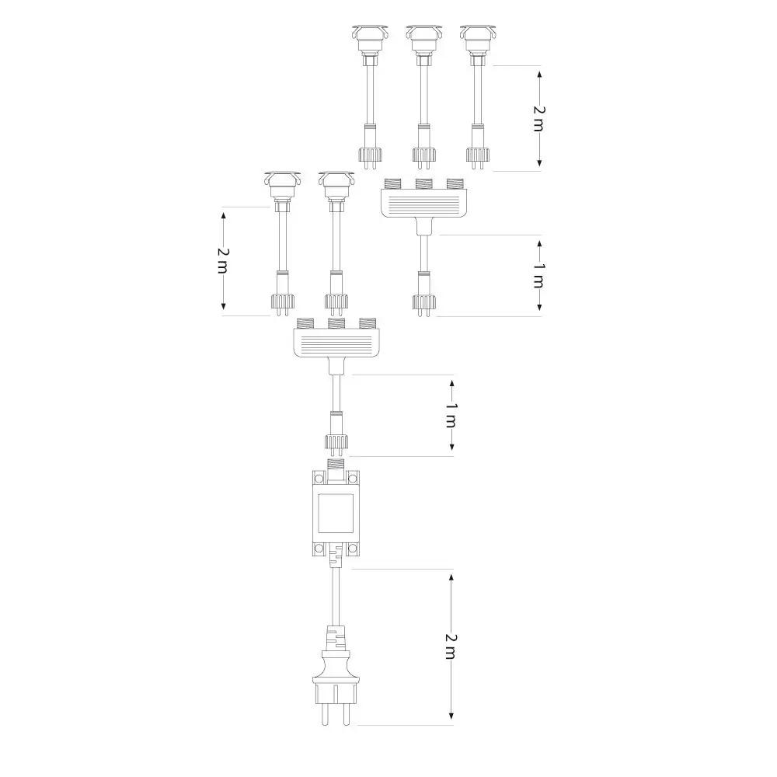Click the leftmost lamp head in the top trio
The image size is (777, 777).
tap(370, 40)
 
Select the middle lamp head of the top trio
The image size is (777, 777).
tap(423, 40)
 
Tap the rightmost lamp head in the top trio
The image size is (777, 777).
tap(478, 40)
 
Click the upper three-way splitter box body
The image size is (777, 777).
tap(424, 204)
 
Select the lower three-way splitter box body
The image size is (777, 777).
tap(336, 343)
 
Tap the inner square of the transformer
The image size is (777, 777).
tap(336, 512)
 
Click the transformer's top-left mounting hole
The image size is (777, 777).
tap(319, 478)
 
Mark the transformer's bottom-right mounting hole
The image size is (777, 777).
tap(352, 549)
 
